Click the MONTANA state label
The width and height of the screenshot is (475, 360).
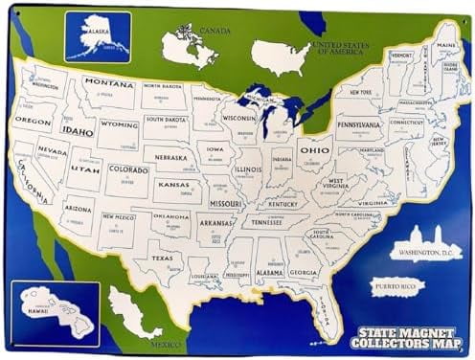click(108, 83)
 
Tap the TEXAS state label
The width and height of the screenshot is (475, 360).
click(161, 258)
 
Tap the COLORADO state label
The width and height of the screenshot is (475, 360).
click(128, 169)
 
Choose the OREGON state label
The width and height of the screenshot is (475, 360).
click(33, 122)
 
